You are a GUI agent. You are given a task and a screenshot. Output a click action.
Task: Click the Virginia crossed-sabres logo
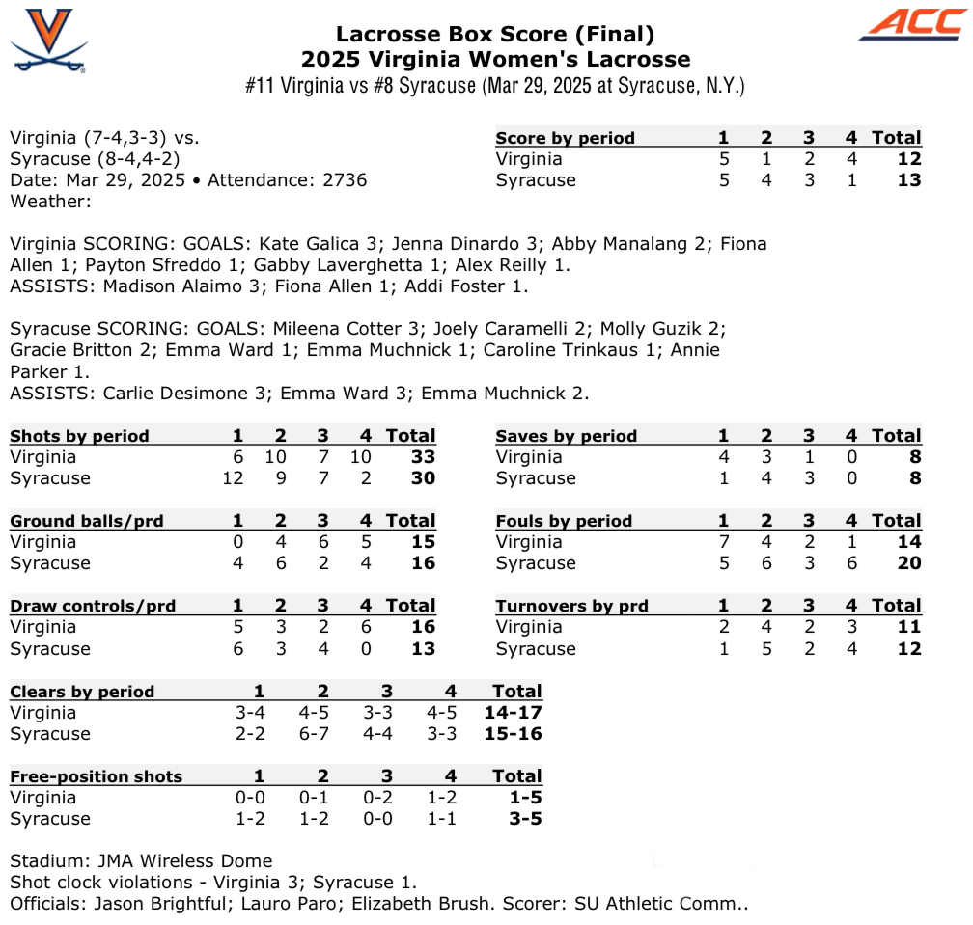point(48,41)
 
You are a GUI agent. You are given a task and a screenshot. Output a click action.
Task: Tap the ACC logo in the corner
point(910,26)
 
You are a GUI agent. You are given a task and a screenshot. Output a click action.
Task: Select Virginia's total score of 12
point(908,159)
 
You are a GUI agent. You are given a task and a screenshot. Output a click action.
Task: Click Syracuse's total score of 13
point(908,180)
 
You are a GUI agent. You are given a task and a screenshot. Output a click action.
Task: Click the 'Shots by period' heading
point(79,436)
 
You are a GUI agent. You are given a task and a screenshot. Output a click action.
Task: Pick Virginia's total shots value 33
point(423,457)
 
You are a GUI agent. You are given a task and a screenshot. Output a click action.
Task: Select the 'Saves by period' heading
point(566,436)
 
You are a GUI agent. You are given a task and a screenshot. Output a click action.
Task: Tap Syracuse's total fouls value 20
point(908,563)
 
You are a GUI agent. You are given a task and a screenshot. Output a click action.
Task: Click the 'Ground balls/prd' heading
point(87,521)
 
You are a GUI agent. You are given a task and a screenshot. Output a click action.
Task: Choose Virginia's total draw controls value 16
point(423,627)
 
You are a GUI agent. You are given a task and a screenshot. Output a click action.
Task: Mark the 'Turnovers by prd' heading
point(571,606)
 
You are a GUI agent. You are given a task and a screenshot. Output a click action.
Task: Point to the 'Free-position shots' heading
point(96,776)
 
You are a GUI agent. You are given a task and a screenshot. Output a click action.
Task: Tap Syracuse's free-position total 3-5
point(522,819)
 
